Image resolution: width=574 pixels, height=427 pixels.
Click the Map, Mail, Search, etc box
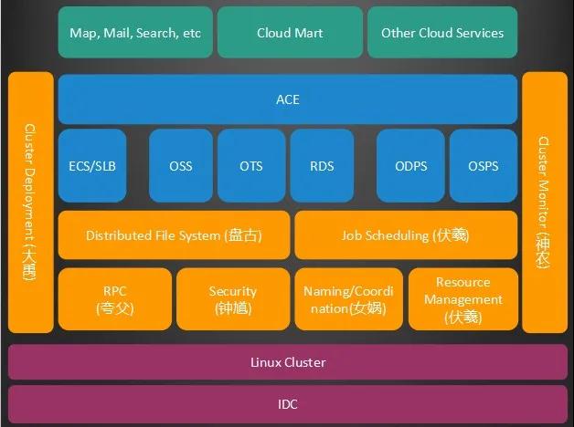pos(135,32)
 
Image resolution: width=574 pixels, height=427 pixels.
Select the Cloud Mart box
pos(290,32)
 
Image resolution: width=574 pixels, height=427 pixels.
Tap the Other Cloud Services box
pos(442,32)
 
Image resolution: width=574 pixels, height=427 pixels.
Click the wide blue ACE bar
pos(288,99)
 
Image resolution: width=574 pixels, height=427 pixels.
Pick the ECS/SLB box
pos(92,165)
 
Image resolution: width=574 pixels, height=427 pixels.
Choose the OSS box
pos(181,165)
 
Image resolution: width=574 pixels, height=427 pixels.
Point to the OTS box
pos(251,165)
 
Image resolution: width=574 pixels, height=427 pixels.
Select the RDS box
pos(322,165)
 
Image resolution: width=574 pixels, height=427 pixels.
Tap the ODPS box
pos(410,165)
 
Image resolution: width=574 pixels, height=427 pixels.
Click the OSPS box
pos(484,165)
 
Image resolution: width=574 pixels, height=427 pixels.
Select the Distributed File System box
pos(174,234)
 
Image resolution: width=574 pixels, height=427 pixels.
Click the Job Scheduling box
pos(406,234)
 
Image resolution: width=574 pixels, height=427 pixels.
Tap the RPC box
pos(115,298)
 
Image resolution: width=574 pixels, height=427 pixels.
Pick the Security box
pos(233,298)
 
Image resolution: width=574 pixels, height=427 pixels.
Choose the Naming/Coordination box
pos(349,298)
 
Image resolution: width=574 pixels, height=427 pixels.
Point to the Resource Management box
pos(463,298)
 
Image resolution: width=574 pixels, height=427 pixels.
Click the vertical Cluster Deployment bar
pos(31,202)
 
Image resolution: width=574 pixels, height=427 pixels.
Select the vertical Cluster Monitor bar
pos(545,202)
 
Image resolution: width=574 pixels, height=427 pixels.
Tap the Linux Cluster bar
pos(288,361)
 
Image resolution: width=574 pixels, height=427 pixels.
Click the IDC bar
pos(288,404)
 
